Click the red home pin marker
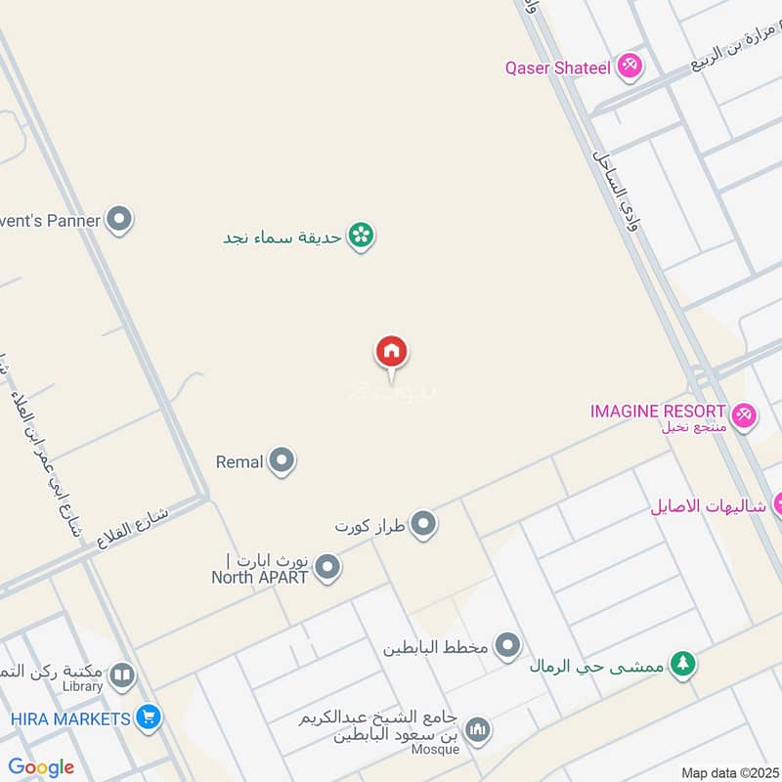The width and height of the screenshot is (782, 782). pos(392,352)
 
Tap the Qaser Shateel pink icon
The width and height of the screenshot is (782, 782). pos(630,66)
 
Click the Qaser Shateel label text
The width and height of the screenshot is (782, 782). pos(557,67)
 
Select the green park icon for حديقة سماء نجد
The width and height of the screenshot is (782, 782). pos(362,235)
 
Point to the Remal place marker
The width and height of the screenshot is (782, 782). pos(282,460)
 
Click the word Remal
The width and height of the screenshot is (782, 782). pos(239,461)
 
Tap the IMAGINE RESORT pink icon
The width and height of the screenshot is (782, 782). pos(744,414)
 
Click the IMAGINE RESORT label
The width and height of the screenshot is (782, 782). pos(658,412)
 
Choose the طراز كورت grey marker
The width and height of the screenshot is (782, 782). pos(423,525)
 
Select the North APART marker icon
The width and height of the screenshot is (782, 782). pos(327,567)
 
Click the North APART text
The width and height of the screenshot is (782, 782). pos(260,577)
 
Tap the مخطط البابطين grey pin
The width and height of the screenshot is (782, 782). pos(507,645)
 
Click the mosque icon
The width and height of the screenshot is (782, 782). pos(478,728)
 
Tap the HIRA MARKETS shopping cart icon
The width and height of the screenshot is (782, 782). pos(149,718)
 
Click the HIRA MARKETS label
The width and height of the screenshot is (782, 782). pos(70,718)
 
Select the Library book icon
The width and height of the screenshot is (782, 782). pos(122,674)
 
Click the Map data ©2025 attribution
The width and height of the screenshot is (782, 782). pos(728,772)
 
